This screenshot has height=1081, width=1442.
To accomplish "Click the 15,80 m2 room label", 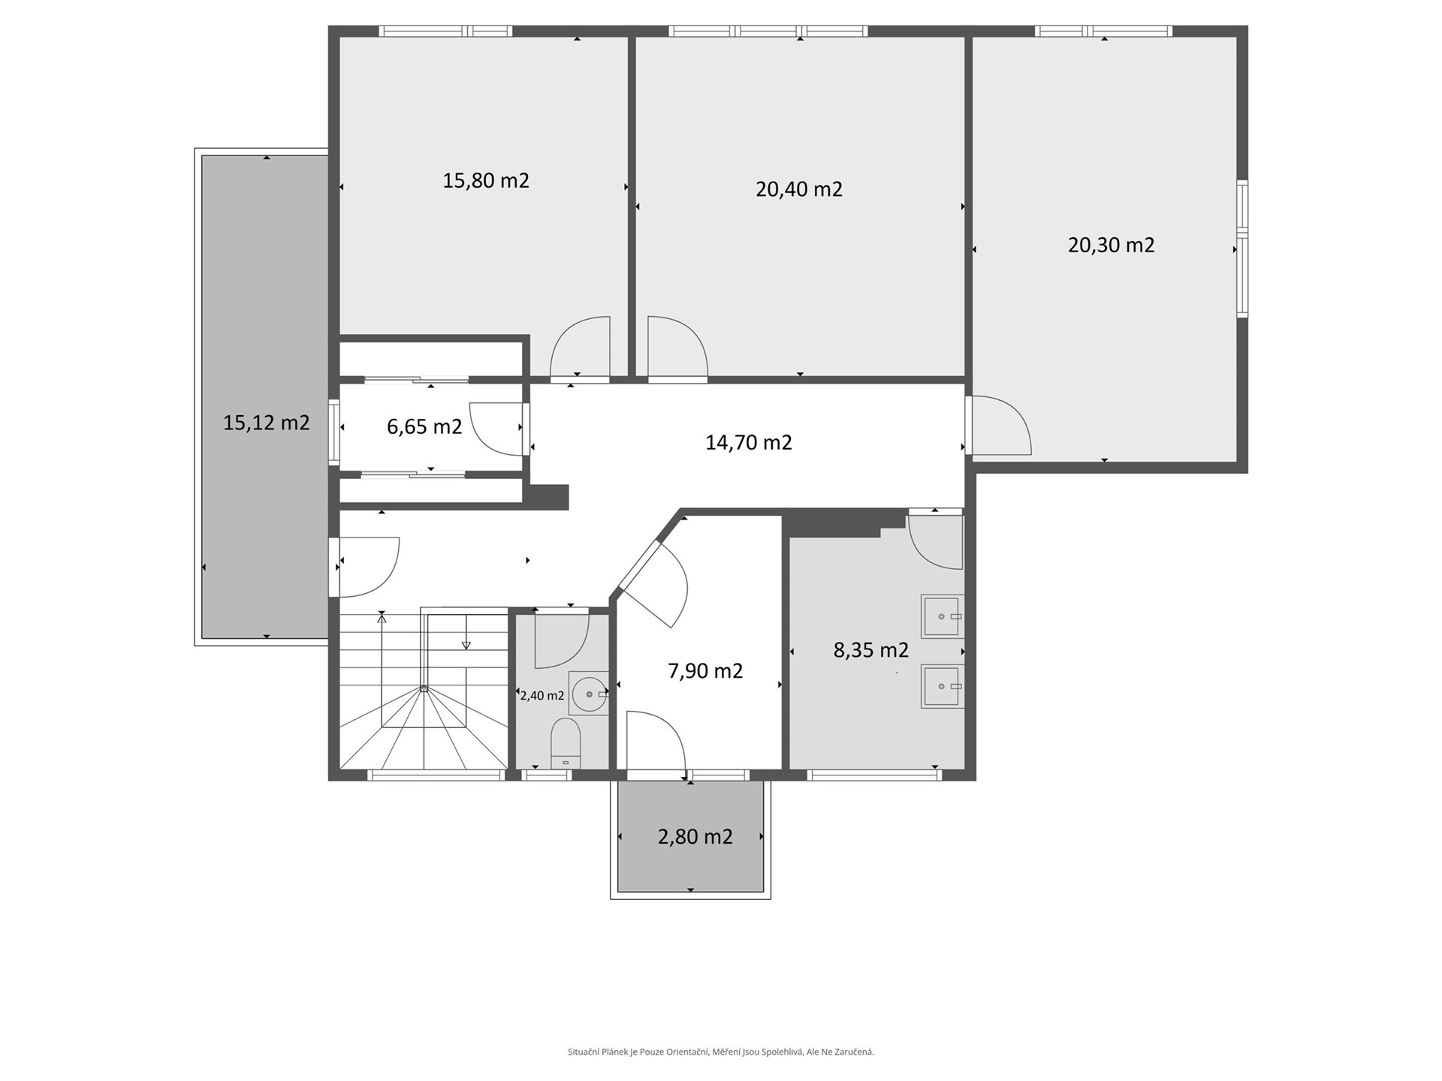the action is [486, 181].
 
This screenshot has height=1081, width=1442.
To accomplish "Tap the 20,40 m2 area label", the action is [799, 189].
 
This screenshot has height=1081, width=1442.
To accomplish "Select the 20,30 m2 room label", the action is [1112, 245].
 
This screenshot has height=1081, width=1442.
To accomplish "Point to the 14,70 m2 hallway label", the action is [749, 442].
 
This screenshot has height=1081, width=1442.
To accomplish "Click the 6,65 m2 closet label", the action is [424, 427].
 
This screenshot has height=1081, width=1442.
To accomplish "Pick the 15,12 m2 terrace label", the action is [267, 423].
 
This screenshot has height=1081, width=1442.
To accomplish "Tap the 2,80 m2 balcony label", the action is [695, 836].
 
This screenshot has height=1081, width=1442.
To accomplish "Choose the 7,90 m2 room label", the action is [705, 670].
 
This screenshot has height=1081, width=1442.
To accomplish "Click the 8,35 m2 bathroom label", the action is [871, 650].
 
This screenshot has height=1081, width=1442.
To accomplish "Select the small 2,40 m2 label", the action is [542, 696].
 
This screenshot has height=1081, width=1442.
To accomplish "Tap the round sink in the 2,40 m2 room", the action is [589, 694].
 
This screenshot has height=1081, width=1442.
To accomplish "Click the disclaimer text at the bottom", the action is [721, 1052].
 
